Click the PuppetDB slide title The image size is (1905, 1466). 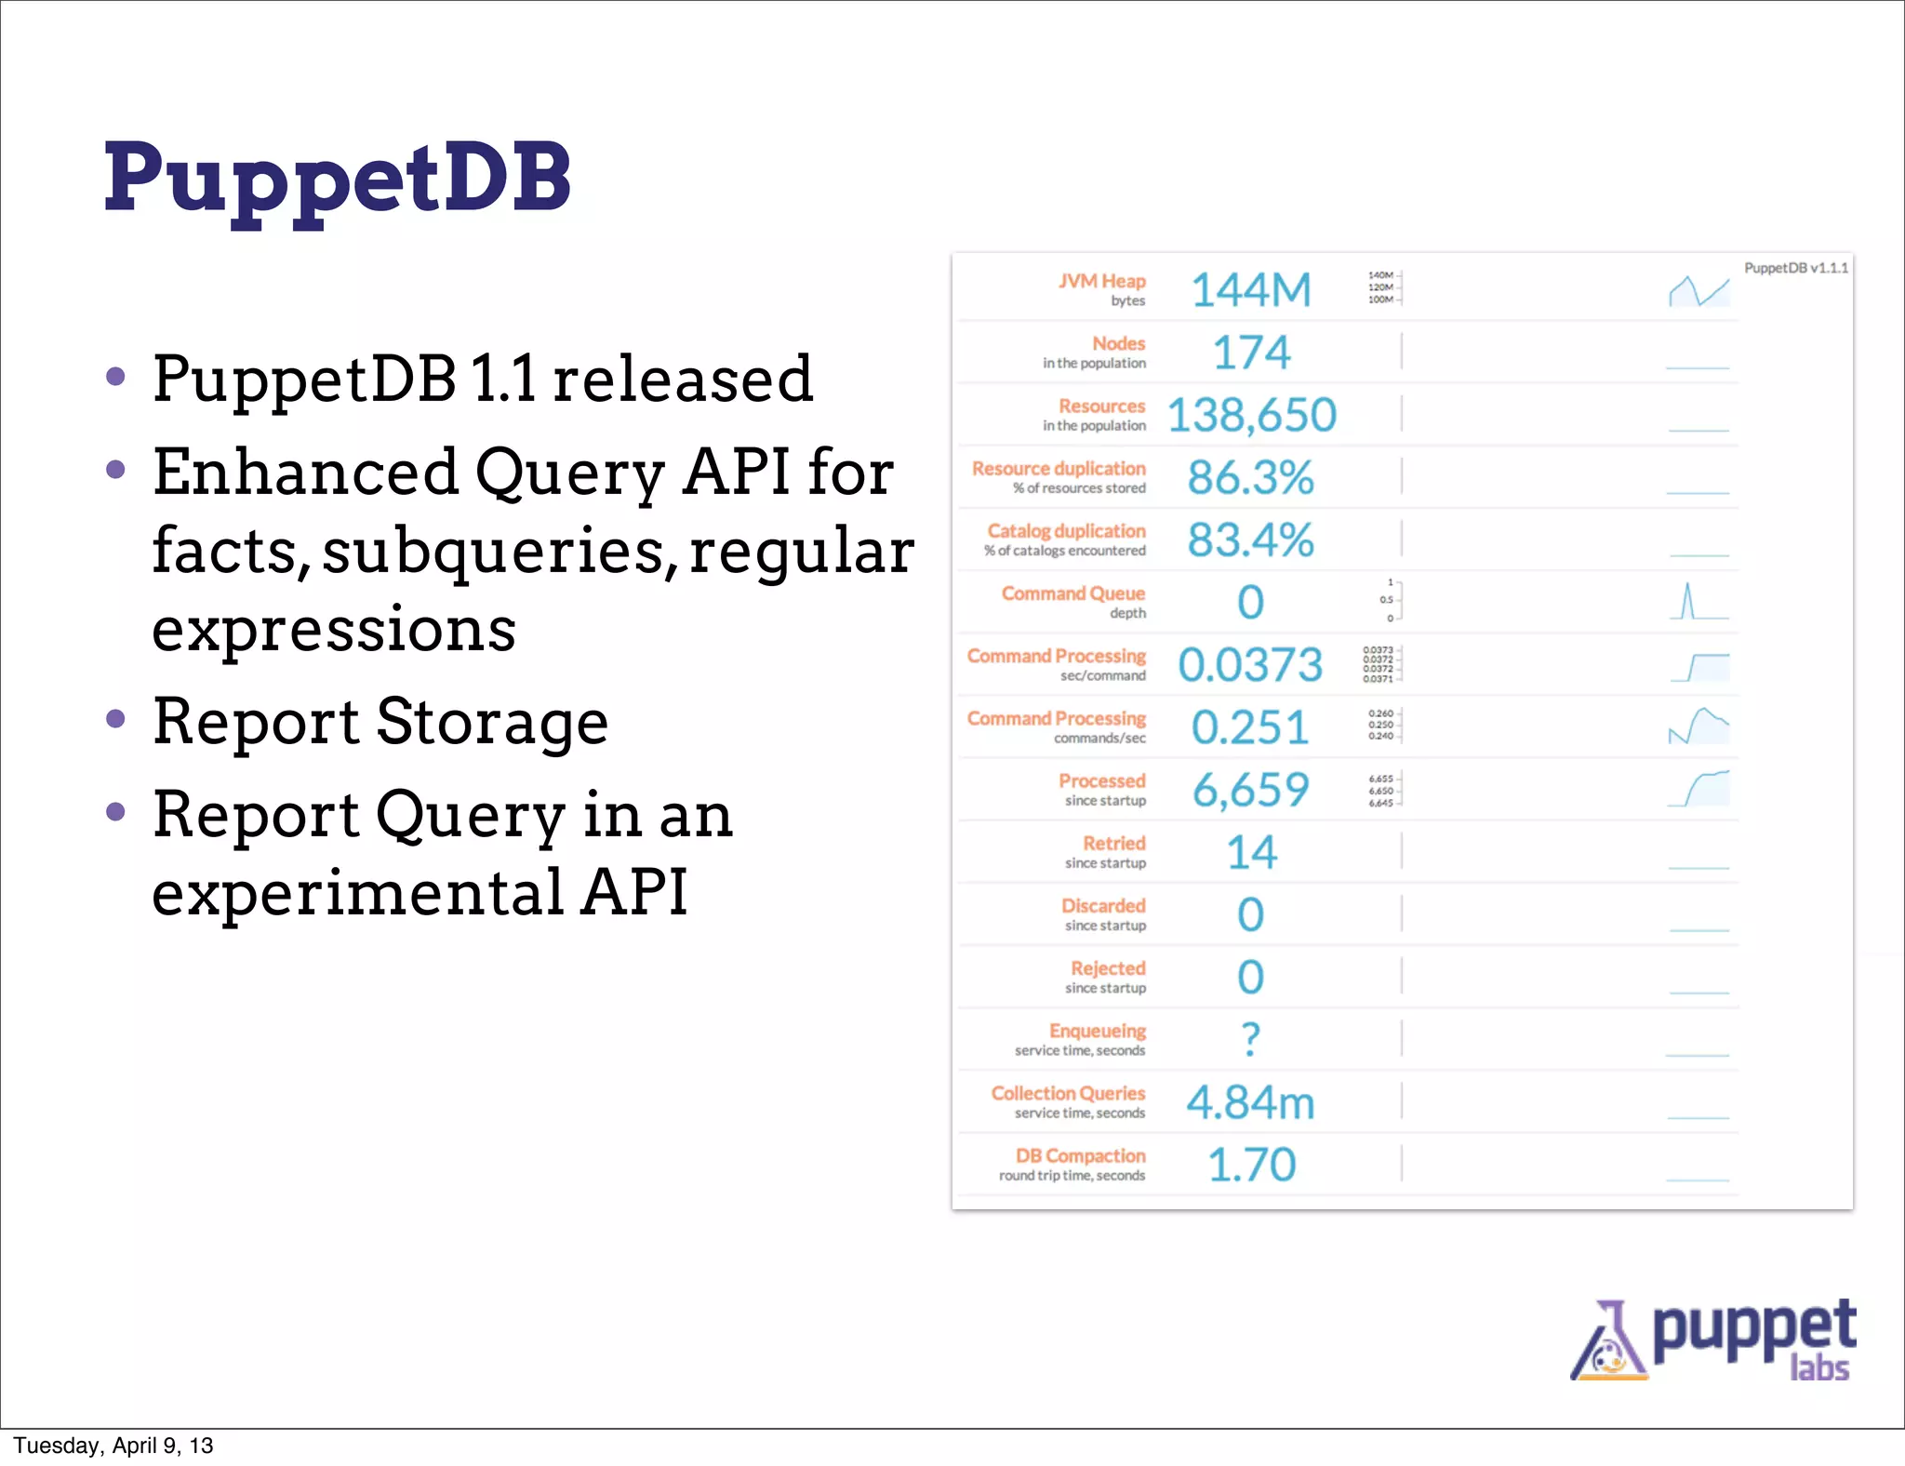point(337,179)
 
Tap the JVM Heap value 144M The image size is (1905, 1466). point(1251,290)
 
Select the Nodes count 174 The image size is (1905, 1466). point(1251,353)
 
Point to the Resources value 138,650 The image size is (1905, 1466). point(1251,415)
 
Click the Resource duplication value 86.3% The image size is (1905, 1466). point(1251,478)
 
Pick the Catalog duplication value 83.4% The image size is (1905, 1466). point(1251,540)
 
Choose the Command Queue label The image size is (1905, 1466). point(1072,593)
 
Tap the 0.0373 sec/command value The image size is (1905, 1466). point(1250,665)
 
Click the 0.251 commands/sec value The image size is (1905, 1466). point(1250,727)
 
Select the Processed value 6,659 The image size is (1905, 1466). point(1251,790)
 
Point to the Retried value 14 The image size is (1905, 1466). point(1252,853)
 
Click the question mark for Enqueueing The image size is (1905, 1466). point(1251,1039)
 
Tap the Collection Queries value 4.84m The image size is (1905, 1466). point(1251,1103)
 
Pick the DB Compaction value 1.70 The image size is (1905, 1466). point(1252,1166)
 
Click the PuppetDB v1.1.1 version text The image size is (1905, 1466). point(1795,268)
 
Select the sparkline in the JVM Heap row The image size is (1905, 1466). point(1699,291)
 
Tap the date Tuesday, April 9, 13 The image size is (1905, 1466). point(113,1446)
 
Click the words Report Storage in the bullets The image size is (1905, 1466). point(380,722)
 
